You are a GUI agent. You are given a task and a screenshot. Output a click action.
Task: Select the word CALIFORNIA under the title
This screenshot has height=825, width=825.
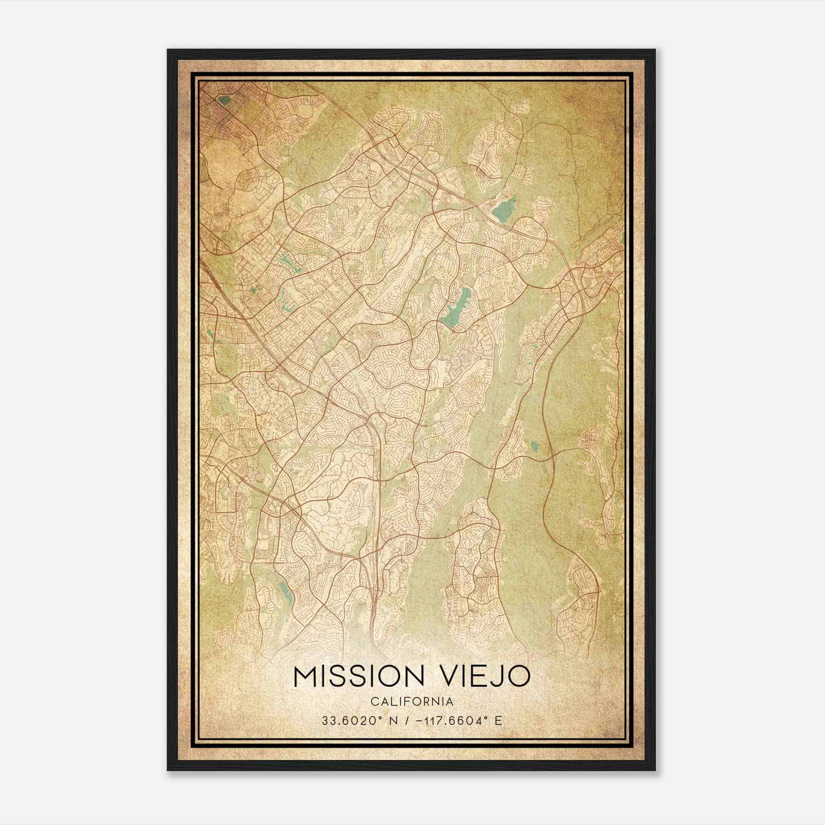pos(412,701)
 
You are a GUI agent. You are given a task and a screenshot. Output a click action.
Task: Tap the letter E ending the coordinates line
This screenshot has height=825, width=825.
pos(498,721)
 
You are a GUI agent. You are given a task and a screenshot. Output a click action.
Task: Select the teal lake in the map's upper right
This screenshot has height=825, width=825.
pos(503,207)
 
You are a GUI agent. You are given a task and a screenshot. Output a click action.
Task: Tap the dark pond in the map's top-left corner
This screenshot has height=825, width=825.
pos(223,100)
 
